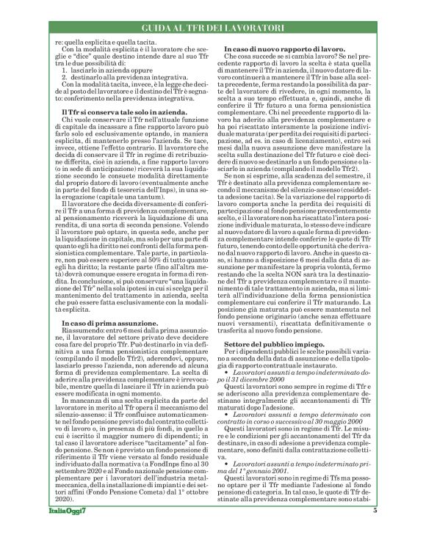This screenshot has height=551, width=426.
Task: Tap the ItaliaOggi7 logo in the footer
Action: tap(67, 530)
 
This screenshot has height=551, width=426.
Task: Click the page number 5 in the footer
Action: tap(375, 530)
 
